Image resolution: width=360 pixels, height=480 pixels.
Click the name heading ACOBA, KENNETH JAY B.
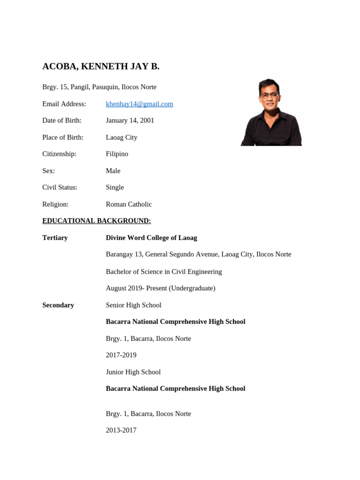[101, 67]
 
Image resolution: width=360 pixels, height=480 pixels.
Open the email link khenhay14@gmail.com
[139, 104]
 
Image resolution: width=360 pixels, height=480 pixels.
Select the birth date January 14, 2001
[130, 120]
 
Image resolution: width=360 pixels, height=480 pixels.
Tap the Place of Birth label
[63, 137]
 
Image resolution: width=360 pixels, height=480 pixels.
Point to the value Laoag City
[121, 137]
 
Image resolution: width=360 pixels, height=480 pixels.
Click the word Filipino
[117, 154]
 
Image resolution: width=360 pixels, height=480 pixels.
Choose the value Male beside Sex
[113, 171]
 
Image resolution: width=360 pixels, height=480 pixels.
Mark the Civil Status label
[60, 187]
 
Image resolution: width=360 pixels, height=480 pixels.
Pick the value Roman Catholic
[129, 204]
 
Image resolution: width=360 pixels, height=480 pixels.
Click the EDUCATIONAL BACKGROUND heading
[97, 221]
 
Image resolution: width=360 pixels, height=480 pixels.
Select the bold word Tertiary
[55, 238]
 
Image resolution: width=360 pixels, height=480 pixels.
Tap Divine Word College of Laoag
[151, 238]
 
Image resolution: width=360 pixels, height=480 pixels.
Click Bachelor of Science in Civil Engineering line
[164, 271]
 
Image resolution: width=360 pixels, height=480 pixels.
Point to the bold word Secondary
[58, 305]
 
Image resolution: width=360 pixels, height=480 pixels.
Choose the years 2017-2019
[121, 355]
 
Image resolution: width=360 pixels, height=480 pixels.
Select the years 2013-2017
[121, 430]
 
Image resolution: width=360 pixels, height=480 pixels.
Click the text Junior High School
[133, 372]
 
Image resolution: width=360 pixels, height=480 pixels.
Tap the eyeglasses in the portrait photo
[269, 95]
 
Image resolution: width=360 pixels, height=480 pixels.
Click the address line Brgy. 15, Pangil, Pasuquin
[99, 87]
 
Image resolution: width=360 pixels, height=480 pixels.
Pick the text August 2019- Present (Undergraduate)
[160, 288]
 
